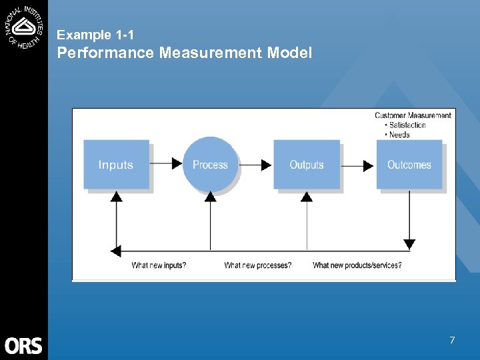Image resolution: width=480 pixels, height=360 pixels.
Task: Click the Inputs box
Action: point(116,165)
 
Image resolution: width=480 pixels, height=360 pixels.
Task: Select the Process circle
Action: point(210,165)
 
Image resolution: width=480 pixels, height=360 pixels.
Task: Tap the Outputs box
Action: point(307,165)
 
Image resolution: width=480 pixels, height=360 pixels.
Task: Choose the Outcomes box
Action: point(409,165)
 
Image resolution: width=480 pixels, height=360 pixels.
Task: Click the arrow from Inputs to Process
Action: point(167,163)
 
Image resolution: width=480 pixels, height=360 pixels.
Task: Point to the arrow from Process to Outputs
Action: point(255,164)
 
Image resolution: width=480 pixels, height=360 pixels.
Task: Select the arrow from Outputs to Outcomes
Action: point(358,165)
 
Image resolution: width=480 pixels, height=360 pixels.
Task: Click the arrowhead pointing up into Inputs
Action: point(116,196)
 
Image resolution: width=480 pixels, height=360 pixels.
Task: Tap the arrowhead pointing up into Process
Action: point(211,196)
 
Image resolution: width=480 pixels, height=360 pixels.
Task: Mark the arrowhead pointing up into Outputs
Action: point(307,196)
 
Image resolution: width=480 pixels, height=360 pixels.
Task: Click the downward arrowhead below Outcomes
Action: point(409,244)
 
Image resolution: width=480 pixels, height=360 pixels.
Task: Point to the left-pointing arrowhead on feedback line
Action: point(116,251)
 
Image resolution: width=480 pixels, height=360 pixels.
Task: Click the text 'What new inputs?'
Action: point(159,265)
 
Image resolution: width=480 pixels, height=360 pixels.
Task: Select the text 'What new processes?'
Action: point(257,265)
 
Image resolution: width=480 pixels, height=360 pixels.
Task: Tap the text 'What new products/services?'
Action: point(357,265)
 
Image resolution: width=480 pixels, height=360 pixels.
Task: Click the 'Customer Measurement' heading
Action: point(413,115)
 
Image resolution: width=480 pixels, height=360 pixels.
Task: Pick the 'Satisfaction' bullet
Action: point(407,125)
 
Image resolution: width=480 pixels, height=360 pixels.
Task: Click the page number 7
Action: point(452,340)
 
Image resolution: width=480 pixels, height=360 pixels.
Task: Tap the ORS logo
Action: point(23,345)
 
